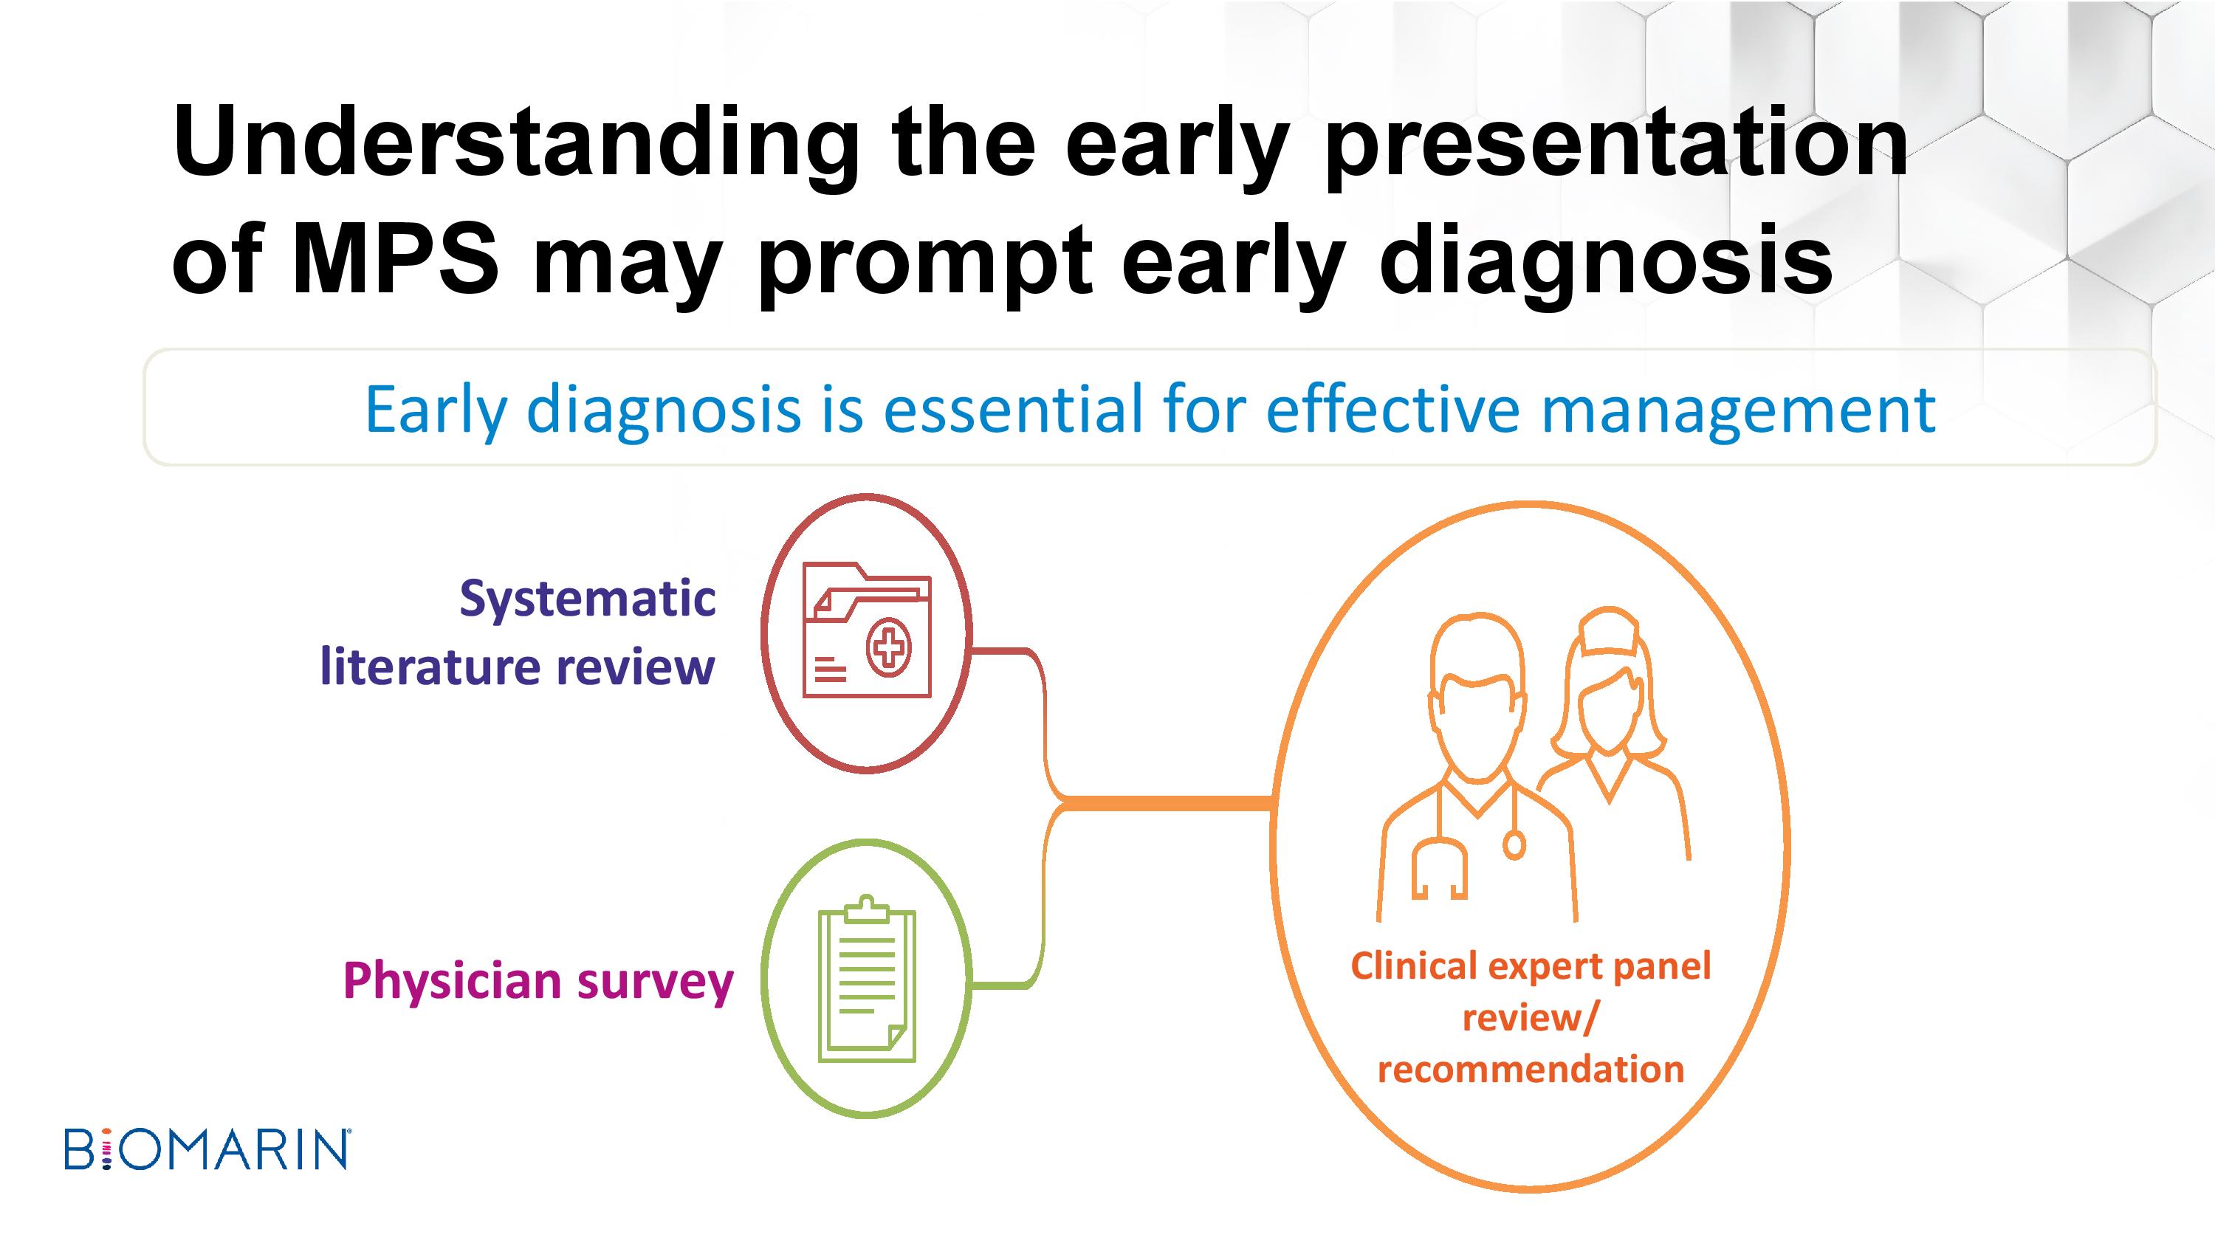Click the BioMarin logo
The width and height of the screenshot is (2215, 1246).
(207, 1149)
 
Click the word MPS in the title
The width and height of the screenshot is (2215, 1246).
(395, 258)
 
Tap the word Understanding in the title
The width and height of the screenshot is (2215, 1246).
(515, 142)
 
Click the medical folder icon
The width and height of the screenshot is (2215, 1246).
(867, 630)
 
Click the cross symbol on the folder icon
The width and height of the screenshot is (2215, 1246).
(889, 647)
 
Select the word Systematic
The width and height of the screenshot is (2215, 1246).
(587, 599)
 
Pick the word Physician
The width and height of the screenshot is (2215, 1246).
(453, 980)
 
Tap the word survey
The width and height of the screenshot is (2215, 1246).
(655, 983)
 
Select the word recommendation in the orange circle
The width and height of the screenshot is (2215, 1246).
(1531, 1069)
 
